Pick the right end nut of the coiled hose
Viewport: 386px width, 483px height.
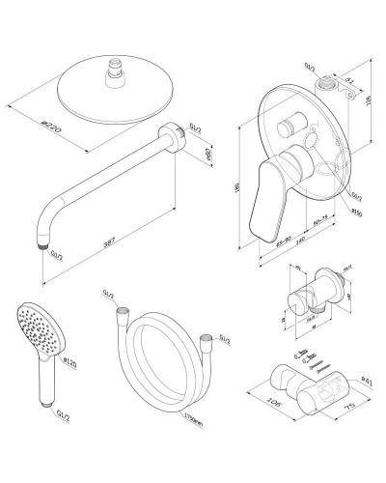click(206, 338)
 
